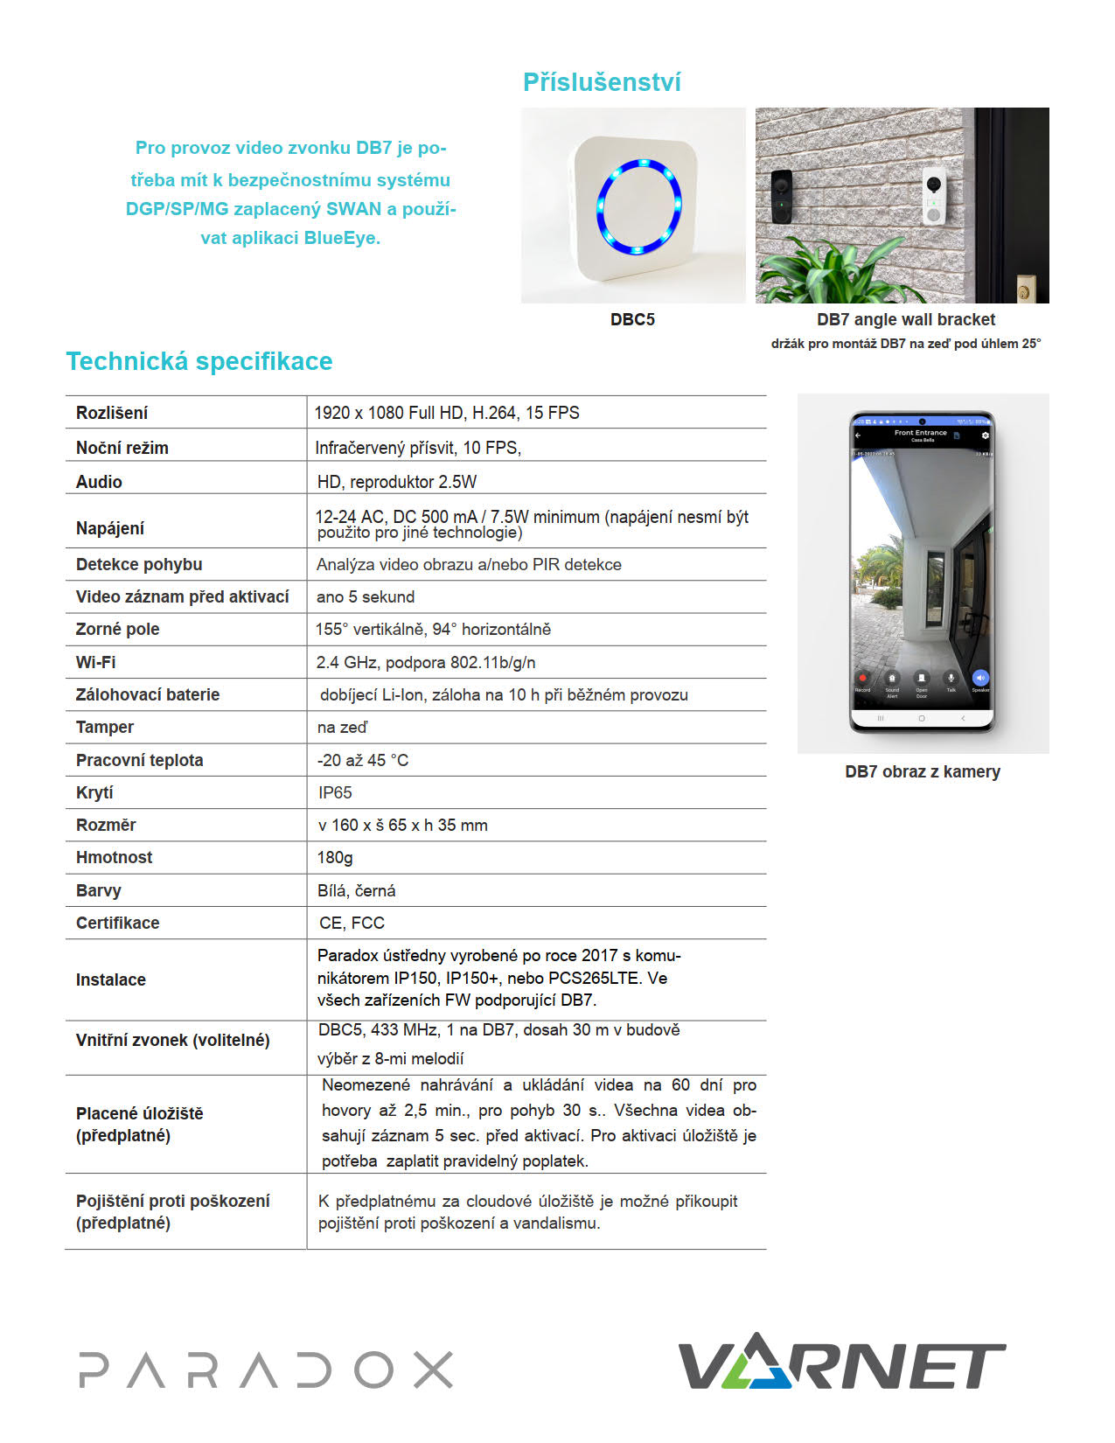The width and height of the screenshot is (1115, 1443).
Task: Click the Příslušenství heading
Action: pos(602,82)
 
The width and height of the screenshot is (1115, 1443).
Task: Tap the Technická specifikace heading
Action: pos(199,361)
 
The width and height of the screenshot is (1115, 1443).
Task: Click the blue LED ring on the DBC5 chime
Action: pos(638,207)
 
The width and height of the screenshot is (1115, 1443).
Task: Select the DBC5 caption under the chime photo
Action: pos(632,319)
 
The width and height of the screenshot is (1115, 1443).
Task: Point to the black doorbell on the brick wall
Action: pos(781,193)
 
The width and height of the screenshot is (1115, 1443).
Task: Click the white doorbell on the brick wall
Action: pos(935,197)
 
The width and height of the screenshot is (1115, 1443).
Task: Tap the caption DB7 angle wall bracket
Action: pos(906,319)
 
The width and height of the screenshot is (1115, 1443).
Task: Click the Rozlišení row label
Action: pos(112,413)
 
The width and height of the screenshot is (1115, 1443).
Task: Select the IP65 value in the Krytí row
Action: pos(335,792)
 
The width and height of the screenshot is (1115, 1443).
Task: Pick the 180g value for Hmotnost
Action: pos(335,857)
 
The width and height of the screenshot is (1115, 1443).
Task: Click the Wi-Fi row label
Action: pos(95,662)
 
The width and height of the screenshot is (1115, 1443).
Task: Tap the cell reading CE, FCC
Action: pos(352,923)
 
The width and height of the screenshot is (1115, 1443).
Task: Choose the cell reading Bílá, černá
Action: pos(356,890)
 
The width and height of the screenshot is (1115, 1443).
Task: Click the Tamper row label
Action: pos(105,727)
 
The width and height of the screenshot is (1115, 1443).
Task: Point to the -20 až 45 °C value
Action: pos(363,760)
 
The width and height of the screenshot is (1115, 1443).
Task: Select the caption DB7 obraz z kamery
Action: pos(923,771)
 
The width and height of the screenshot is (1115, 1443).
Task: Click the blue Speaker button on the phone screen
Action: pos(979,678)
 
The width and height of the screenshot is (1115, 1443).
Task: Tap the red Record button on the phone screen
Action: pos(862,678)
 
